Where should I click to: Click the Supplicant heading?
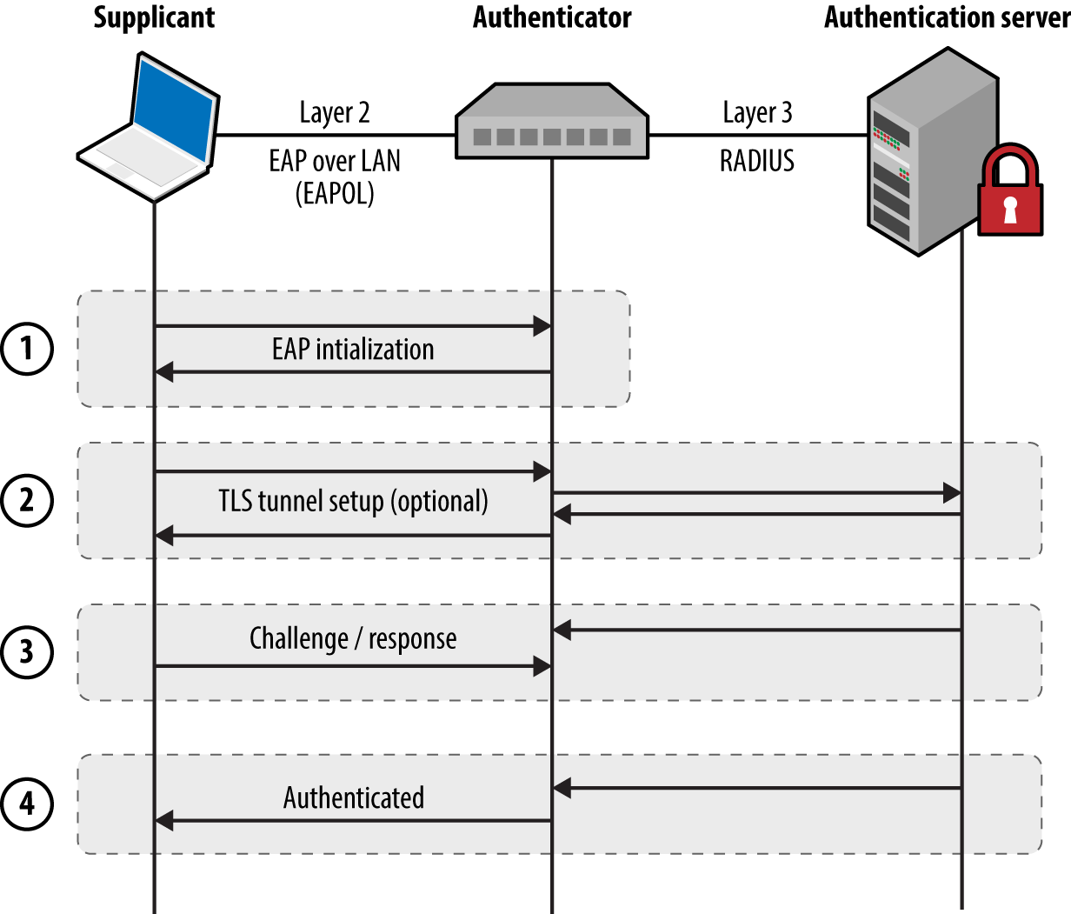pyautogui.click(x=154, y=17)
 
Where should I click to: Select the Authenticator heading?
pyautogui.click(x=552, y=17)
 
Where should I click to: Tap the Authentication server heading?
pyautogui.click(x=946, y=17)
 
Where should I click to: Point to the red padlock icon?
pyautogui.click(x=1009, y=193)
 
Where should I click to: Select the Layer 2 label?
pyautogui.click(x=335, y=113)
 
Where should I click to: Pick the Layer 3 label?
pyautogui.click(x=757, y=113)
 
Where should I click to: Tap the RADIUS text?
pyautogui.click(x=757, y=162)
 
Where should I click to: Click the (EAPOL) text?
pyautogui.click(x=335, y=193)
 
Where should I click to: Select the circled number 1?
pyautogui.click(x=27, y=349)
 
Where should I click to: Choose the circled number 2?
pyautogui.click(x=27, y=500)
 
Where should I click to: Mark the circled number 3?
pyautogui.click(x=27, y=651)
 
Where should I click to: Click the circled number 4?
pyautogui.click(x=27, y=803)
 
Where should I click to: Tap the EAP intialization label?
pyautogui.click(x=353, y=350)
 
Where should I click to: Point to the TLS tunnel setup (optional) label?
pyautogui.click(x=353, y=502)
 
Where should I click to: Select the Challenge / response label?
pyautogui.click(x=353, y=639)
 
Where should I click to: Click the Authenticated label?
pyautogui.click(x=354, y=798)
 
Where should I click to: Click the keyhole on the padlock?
pyautogui.click(x=1009, y=210)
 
